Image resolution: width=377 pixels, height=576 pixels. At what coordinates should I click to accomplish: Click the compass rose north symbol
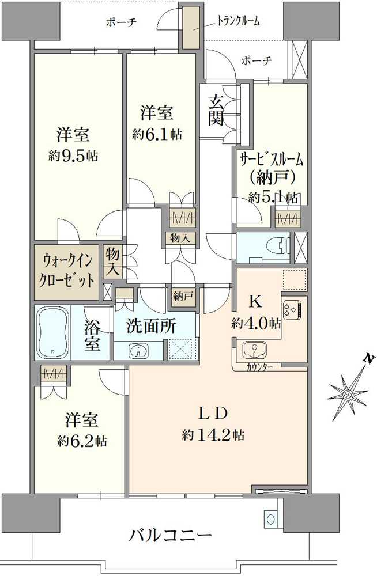349,395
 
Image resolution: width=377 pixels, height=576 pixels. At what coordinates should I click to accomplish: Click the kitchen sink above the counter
252,350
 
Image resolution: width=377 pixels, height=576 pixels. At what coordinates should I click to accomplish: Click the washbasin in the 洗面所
137,350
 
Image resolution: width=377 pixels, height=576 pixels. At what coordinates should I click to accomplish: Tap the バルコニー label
169,536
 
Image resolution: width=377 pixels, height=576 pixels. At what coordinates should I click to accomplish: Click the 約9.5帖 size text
73,156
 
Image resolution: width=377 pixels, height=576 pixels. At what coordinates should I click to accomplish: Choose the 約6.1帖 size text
157,134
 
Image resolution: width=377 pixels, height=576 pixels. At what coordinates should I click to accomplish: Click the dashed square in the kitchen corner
295,280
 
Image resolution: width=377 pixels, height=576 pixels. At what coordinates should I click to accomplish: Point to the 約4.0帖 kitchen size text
256,323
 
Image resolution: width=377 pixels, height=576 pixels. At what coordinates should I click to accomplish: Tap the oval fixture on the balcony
270,518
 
